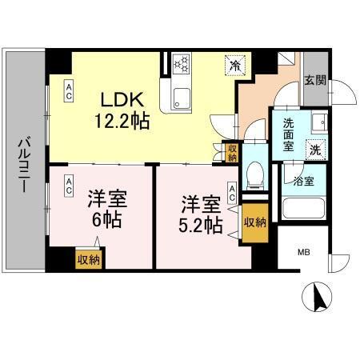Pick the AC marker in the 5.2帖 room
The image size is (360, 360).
232,192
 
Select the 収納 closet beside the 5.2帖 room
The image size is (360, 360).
254,222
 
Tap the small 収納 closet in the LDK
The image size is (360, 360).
231,152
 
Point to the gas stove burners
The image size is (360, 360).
182,63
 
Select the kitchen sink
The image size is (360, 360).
180,100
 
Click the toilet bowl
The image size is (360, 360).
254,172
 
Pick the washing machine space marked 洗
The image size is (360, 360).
315,148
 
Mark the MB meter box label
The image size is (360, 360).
304,254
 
